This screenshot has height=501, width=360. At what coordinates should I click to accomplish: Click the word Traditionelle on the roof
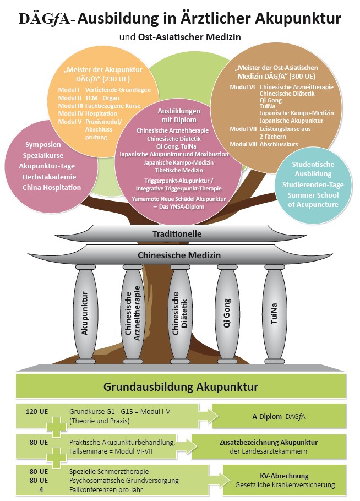[x=177, y=234]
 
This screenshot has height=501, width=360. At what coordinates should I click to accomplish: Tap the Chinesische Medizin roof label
[x=179, y=255]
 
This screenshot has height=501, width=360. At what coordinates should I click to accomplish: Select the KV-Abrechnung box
[x=284, y=480]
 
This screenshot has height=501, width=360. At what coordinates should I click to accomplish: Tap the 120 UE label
[x=36, y=411]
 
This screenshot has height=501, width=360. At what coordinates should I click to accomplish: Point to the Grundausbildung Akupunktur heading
[x=180, y=386]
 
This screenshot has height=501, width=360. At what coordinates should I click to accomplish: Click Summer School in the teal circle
[x=312, y=195]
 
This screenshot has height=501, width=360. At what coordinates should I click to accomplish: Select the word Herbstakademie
[x=48, y=176]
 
